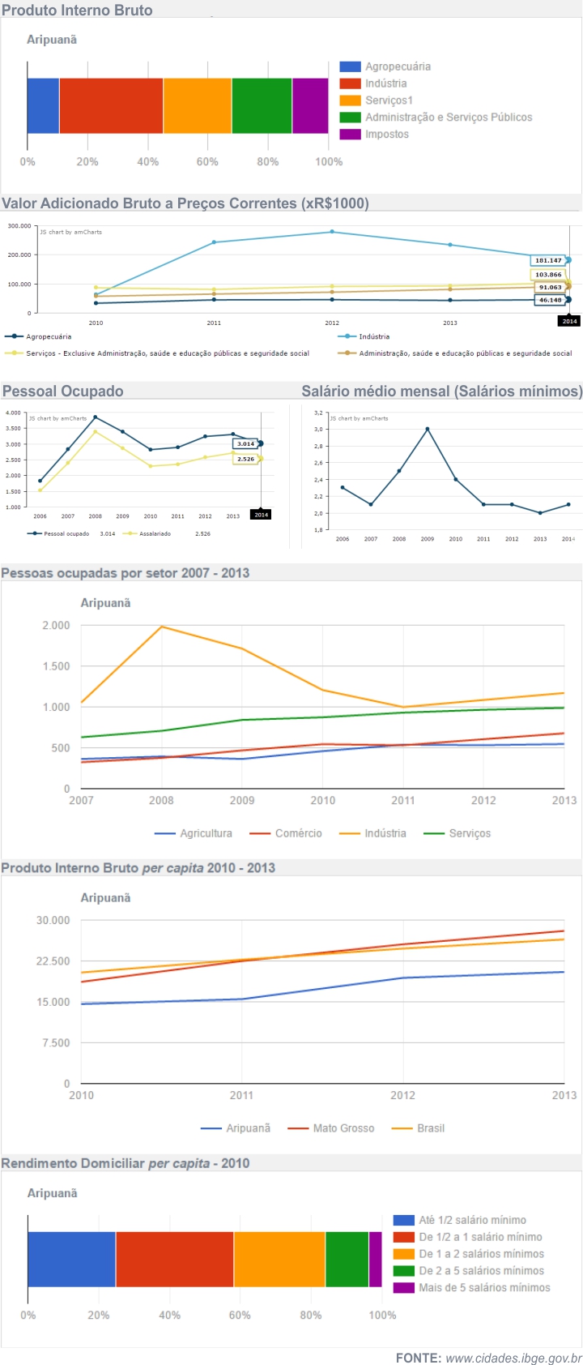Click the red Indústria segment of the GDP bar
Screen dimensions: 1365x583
coord(111,105)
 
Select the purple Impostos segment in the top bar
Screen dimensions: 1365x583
coord(310,105)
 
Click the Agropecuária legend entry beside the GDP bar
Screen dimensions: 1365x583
coord(397,66)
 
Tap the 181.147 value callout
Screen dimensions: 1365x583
coord(548,260)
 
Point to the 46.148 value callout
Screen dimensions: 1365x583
coord(550,300)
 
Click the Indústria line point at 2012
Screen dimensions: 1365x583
coord(332,232)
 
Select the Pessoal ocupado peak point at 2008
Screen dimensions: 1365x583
coord(96,417)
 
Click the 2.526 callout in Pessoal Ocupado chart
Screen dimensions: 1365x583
coord(245,459)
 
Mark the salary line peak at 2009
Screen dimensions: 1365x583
coord(428,429)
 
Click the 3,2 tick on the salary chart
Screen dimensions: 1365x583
coord(318,413)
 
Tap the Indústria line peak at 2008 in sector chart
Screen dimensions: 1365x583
coord(162,627)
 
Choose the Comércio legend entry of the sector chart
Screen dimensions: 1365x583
coord(298,833)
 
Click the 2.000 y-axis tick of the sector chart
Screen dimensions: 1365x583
coord(56,626)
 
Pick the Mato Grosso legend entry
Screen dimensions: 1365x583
coord(343,1128)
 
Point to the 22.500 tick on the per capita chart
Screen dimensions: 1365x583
coord(53,961)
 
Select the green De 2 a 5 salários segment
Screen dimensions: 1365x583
coord(347,1259)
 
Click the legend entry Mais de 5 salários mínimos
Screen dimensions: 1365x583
coord(483,1287)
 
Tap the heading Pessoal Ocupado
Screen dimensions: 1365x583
coord(63,391)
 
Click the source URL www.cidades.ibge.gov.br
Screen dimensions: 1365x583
coord(513,1358)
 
